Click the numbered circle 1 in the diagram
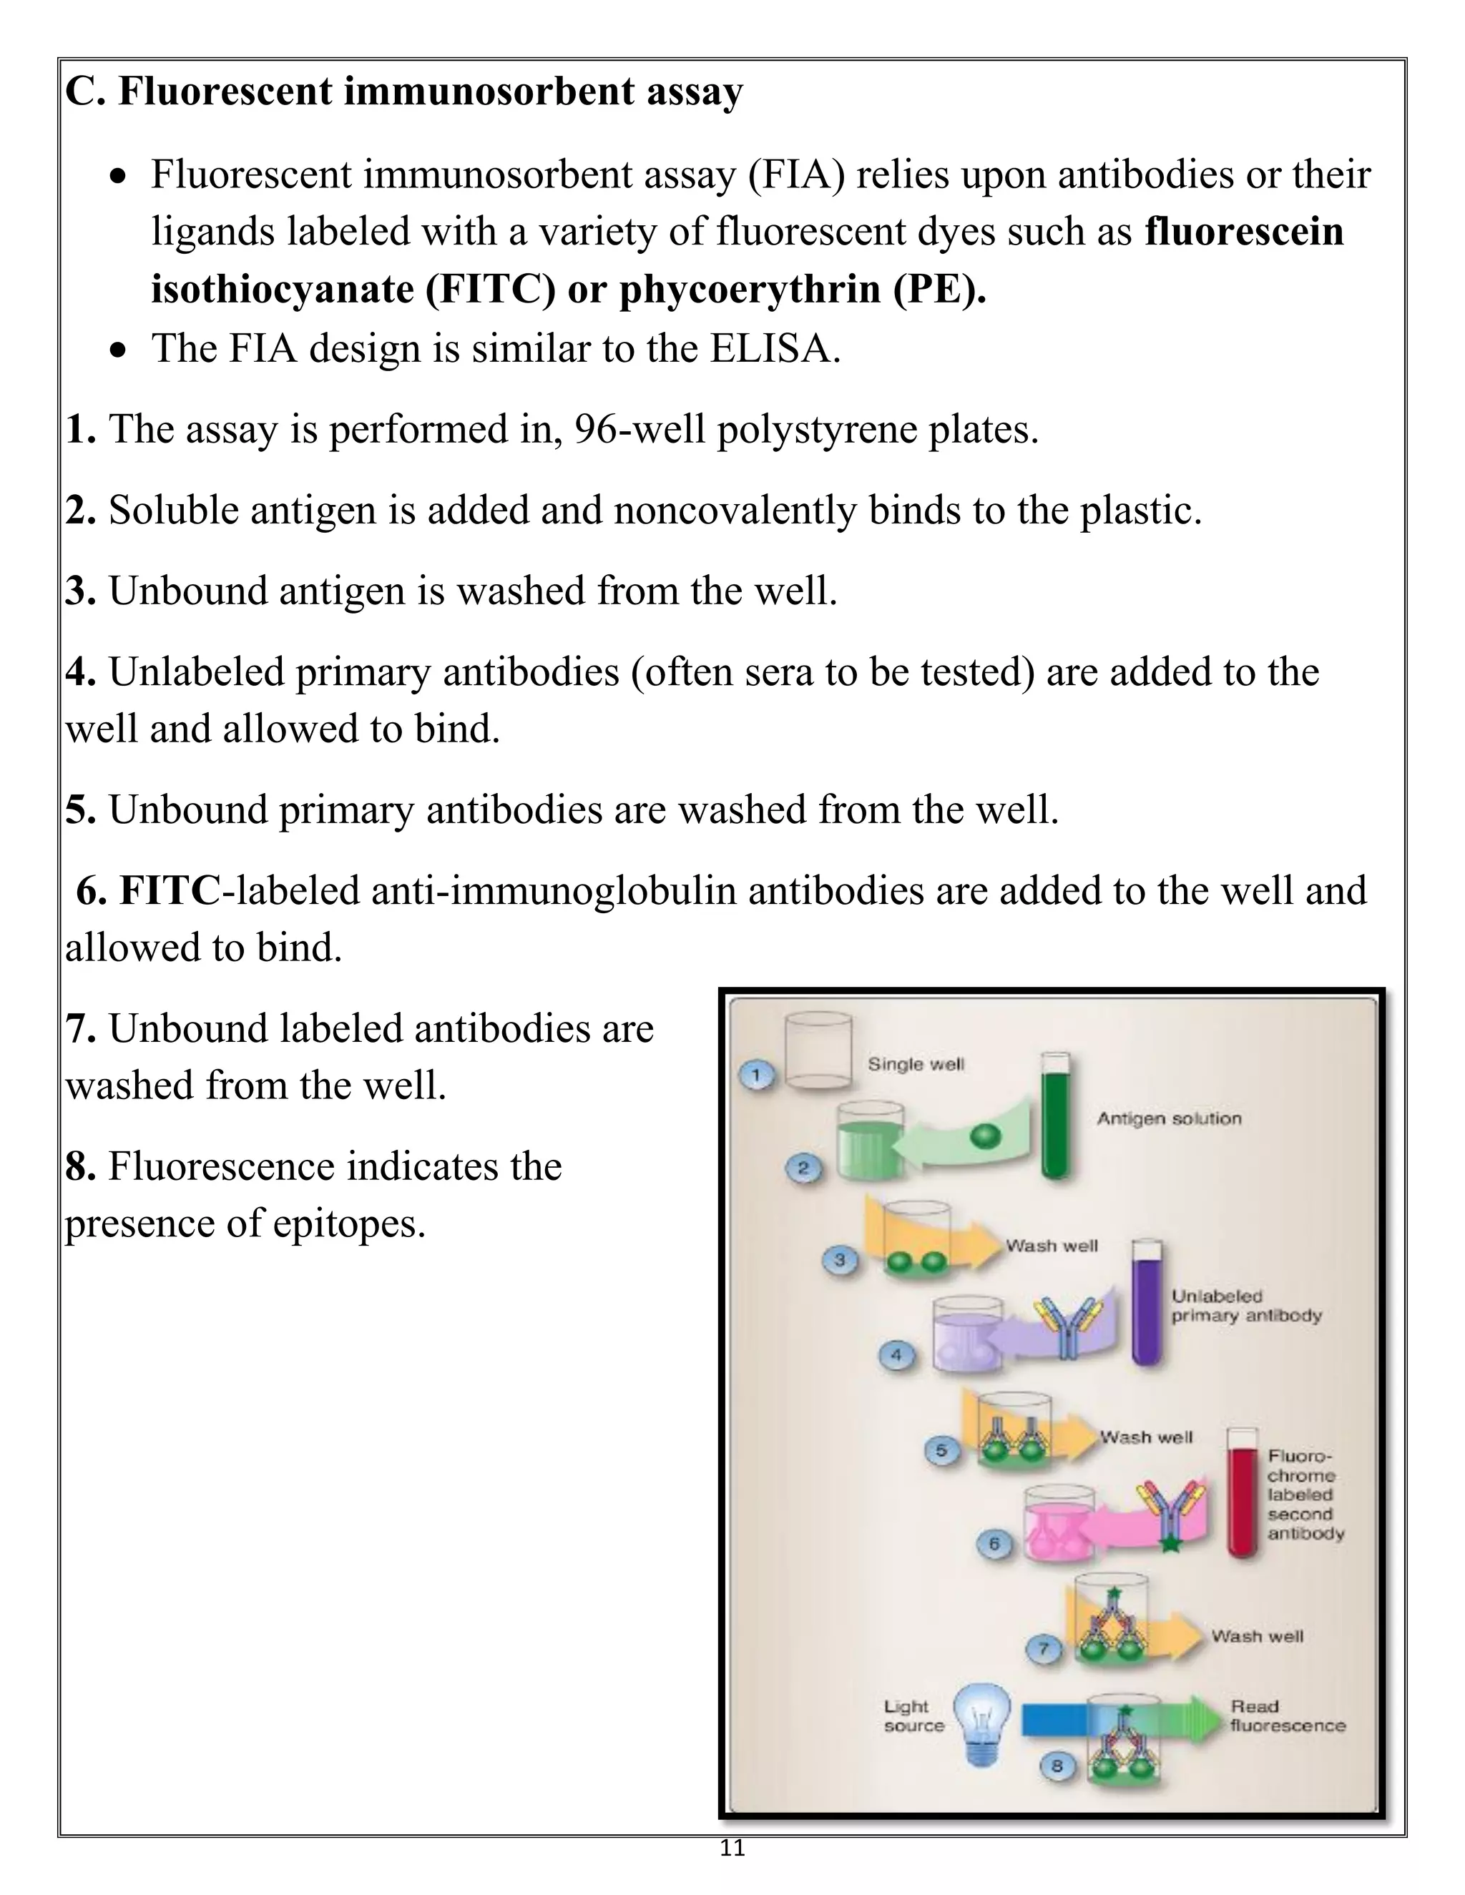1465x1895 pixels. click(756, 1076)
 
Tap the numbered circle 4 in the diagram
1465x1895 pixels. click(896, 1355)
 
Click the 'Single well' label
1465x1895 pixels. click(916, 1064)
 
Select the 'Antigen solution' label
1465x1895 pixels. click(1168, 1118)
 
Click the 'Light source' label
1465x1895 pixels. click(913, 1716)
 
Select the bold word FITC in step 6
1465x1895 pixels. click(170, 891)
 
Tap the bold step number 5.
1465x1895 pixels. click(80, 810)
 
